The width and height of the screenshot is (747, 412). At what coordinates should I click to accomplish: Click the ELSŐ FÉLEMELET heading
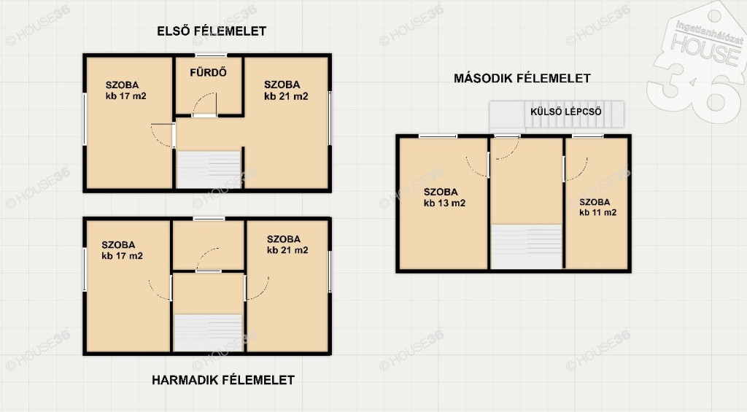coord(212,31)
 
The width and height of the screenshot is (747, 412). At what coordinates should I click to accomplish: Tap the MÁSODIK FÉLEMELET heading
coord(522,78)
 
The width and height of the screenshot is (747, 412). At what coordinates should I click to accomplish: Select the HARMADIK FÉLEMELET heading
coord(223,380)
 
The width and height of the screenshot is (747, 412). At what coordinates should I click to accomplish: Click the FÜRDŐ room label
coord(208,72)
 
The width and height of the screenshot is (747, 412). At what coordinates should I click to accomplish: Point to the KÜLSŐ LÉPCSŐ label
coord(566,112)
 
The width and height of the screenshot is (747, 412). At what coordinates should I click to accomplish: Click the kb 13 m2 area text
coord(444,203)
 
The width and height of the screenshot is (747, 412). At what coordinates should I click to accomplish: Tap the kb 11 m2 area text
coord(598,212)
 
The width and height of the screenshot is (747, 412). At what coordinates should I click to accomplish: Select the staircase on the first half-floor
coord(209,170)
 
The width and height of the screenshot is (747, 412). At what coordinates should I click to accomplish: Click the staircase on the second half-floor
coord(527,246)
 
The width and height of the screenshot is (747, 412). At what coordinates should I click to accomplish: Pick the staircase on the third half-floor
coord(208,333)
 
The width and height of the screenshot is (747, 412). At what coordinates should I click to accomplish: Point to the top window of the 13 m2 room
coord(438,136)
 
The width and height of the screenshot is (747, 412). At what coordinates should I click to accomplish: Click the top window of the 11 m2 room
coord(587,136)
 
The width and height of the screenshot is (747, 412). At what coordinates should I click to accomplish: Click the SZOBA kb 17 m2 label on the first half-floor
coord(125,90)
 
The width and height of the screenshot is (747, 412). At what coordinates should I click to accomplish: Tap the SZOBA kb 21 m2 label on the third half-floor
coord(287,245)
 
